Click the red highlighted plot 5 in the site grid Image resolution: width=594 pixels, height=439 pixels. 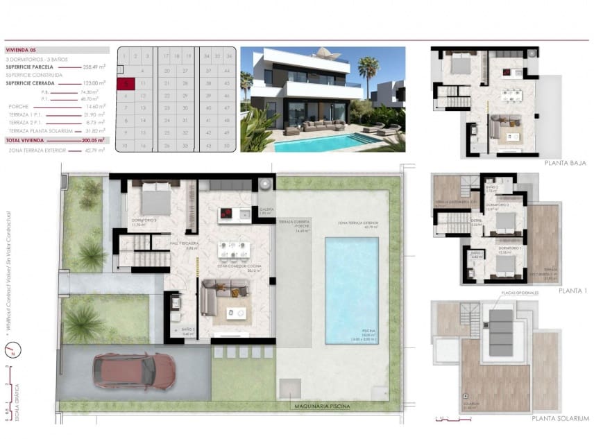[124, 83]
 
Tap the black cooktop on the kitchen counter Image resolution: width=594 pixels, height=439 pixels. [228, 214]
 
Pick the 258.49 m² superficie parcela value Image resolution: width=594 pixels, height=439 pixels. [94, 67]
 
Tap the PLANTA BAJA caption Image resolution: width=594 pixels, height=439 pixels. [566, 163]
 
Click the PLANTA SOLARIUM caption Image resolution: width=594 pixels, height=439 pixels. [560, 419]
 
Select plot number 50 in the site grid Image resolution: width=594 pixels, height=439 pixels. [228, 146]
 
